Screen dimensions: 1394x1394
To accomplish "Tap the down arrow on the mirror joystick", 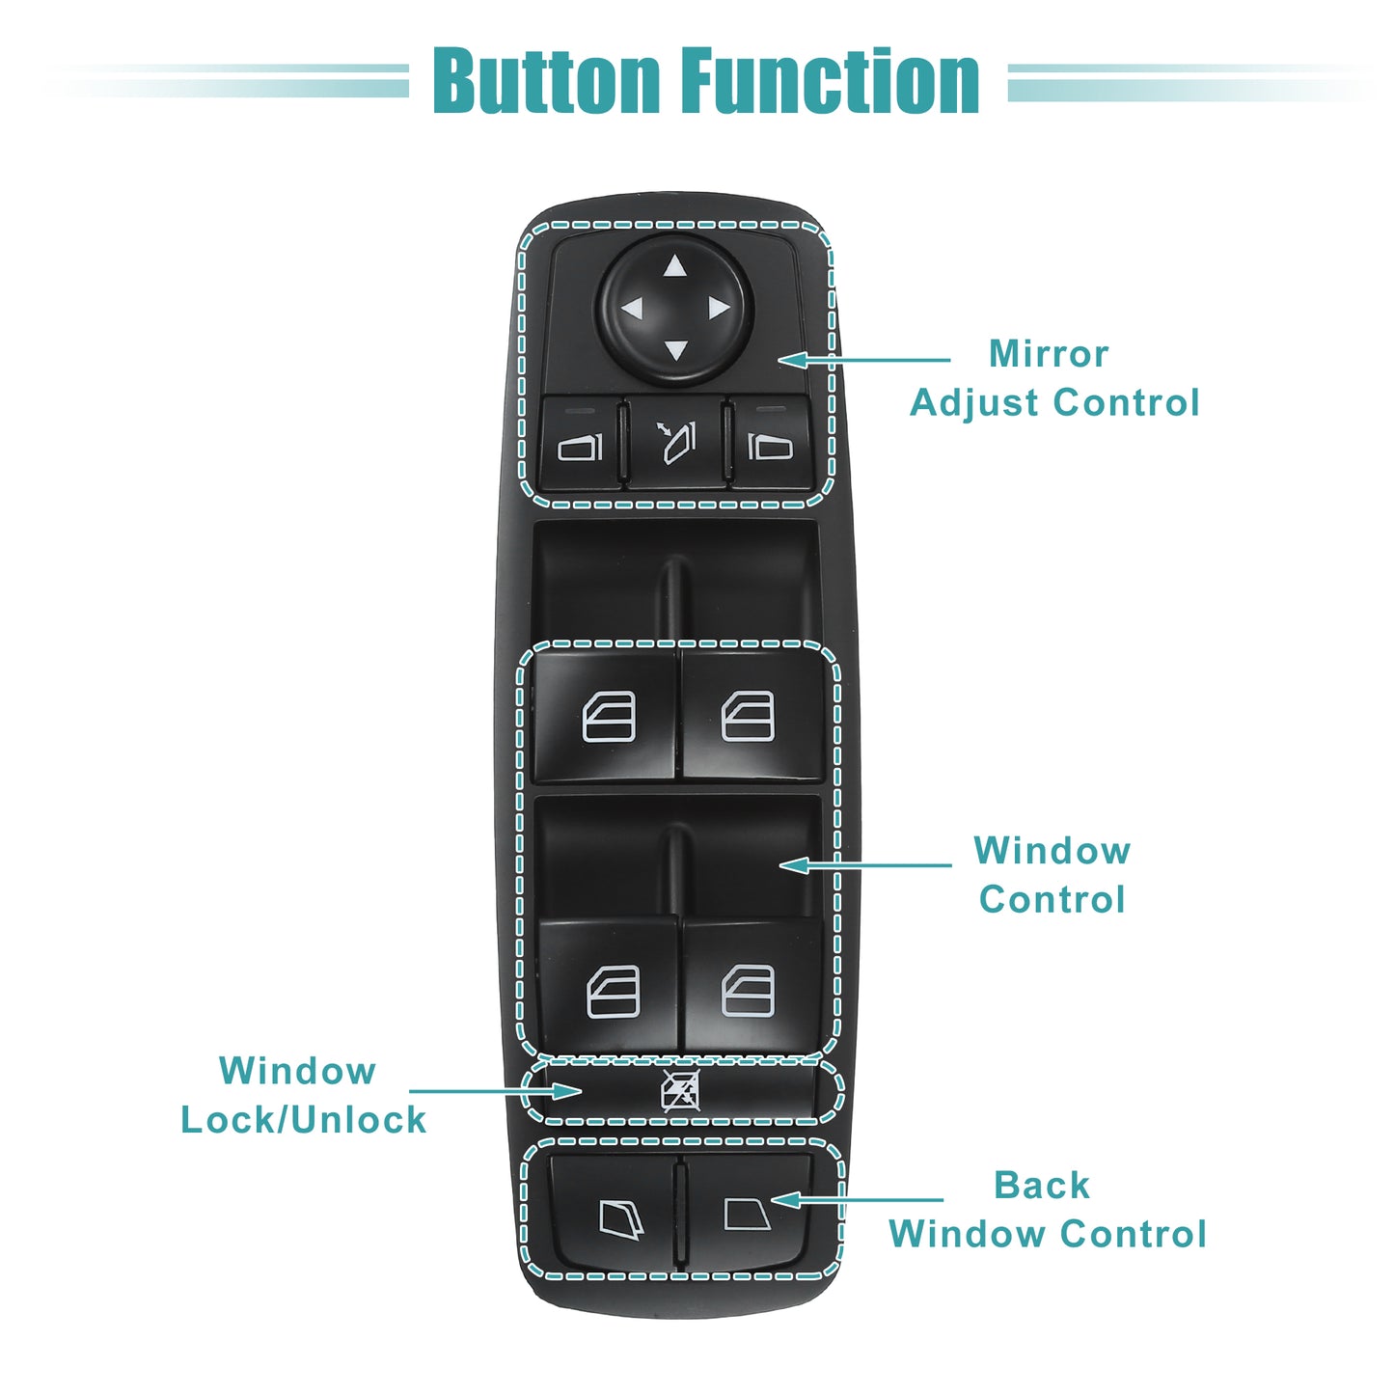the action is click(675, 351).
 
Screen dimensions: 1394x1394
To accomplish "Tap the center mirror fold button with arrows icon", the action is click(675, 443).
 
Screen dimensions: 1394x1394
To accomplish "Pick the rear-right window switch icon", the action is click(748, 992).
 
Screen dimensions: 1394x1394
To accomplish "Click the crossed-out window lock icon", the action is click(681, 1091).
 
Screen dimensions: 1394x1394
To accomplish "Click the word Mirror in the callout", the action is click(1049, 354).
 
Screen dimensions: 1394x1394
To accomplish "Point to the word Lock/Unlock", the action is click(303, 1120).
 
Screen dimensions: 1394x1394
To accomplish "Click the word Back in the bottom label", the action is click(1041, 1185).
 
